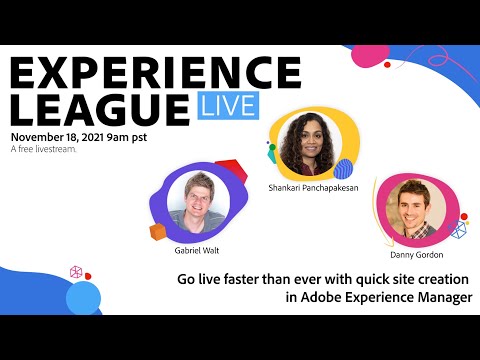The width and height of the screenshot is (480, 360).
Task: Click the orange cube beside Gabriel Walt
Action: tap(158, 232)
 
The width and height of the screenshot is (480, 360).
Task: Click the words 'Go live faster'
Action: tap(215, 279)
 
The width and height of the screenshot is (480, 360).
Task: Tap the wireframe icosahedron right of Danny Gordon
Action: tap(459, 230)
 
